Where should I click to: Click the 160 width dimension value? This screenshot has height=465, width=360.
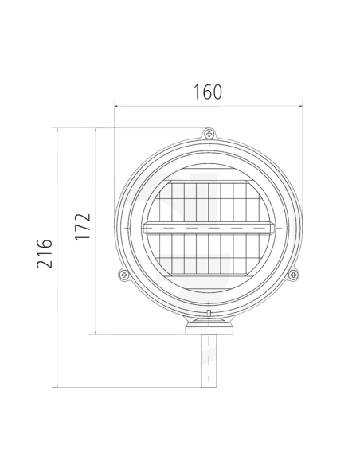[x=207, y=92]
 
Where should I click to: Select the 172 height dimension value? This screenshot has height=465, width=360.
[x=84, y=227]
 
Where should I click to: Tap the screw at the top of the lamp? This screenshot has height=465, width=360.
[x=209, y=134]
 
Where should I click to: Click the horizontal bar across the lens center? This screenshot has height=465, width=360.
[x=209, y=228]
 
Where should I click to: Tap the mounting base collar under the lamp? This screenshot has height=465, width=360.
[x=209, y=326]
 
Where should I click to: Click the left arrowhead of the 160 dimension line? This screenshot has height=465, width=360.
[x=117, y=104]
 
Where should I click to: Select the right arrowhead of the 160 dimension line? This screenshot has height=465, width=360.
[x=300, y=104]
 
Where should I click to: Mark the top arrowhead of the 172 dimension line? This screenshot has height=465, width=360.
[x=96, y=130]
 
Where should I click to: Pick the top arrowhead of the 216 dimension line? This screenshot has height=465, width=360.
[x=57, y=130]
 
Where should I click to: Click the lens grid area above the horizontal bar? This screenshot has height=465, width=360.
[x=209, y=199]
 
